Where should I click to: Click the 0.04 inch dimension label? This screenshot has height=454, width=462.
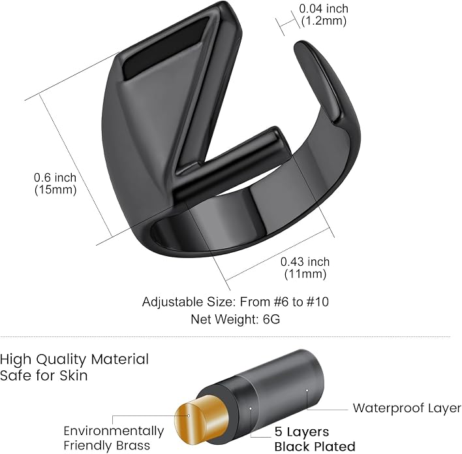324,8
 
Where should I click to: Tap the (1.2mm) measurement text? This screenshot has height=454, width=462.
324,21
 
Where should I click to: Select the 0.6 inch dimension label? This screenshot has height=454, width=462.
55,178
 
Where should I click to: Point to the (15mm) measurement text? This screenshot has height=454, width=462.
55,189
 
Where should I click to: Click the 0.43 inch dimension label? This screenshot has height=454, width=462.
305,262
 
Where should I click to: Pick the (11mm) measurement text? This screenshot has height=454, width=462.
305,274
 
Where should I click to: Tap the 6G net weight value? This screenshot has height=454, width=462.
271,319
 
